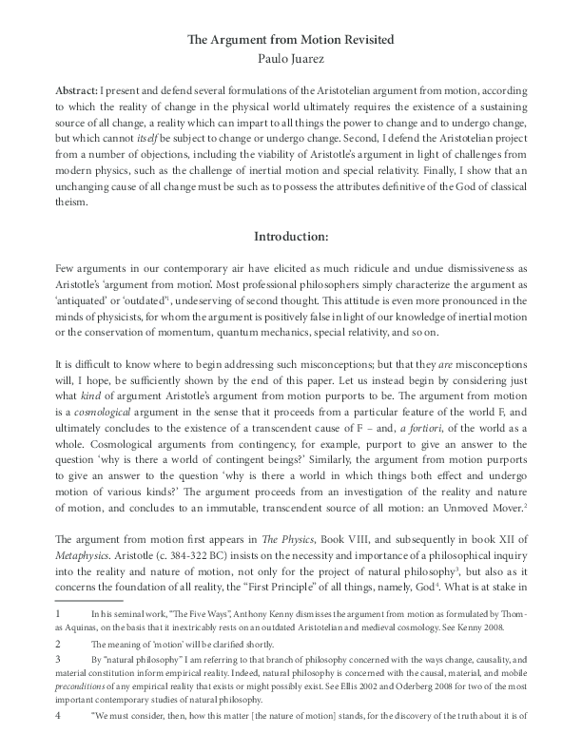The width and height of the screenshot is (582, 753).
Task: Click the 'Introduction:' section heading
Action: tap(291, 236)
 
